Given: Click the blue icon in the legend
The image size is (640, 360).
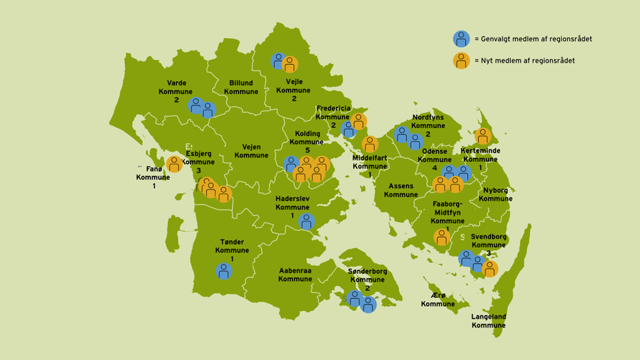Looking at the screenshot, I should [x=461, y=39].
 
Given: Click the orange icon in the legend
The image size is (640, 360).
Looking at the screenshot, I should [x=461, y=61].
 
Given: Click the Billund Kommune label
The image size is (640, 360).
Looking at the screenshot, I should [x=241, y=87].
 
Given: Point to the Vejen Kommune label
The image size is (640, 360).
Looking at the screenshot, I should [x=251, y=151].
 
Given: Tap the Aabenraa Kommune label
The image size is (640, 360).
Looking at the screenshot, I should [x=295, y=274].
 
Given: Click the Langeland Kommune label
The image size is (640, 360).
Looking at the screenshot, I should [x=489, y=321].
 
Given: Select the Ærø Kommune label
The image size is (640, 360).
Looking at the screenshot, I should [x=437, y=299].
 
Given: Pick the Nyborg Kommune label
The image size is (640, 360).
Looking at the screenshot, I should [x=495, y=194].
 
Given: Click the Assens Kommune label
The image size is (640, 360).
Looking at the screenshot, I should [x=401, y=190].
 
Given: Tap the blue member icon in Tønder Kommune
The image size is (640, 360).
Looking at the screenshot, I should [x=225, y=271].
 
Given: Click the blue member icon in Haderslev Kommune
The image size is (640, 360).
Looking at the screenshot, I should [x=307, y=221].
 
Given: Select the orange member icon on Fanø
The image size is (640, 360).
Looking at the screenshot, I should [x=175, y=164].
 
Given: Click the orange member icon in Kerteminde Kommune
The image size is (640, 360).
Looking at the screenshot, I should [x=483, y=137].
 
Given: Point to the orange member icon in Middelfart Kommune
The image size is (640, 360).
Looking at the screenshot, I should [x=370, y=145].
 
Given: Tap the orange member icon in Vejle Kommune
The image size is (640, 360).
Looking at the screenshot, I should [x=290, y=65].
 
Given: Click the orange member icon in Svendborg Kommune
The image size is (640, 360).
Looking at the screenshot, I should [x=490, y=269].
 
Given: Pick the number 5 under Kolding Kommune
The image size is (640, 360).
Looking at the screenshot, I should [x=307, y=150].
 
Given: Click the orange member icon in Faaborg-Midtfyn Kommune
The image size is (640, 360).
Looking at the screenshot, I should [x=442, y=237].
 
